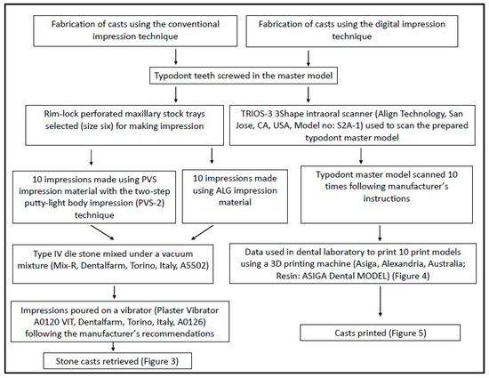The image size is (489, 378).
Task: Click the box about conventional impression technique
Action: coord(123,33)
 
